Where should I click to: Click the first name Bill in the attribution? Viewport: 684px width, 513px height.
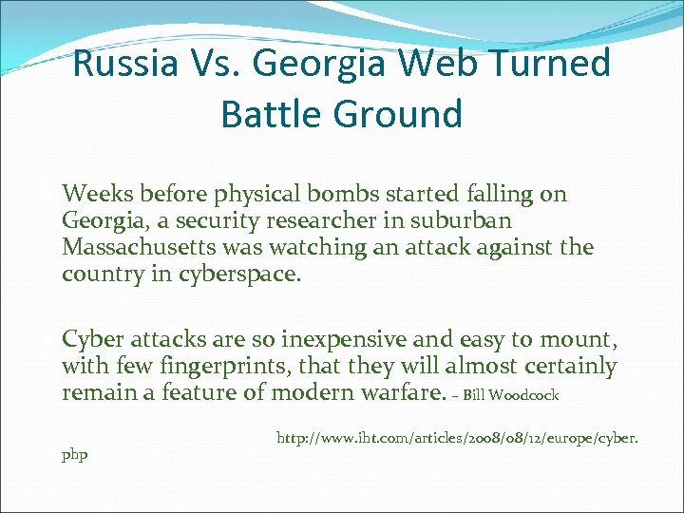(477, 395)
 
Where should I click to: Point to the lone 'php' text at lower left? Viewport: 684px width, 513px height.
(74, 455)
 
